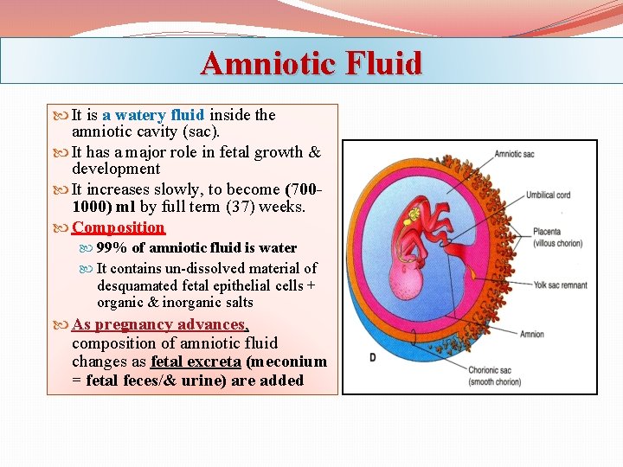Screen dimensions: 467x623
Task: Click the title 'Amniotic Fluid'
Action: coord(311,63)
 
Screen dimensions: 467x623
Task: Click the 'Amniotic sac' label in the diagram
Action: coord(514,154)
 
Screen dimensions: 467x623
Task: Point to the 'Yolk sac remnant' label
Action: coord(560,285)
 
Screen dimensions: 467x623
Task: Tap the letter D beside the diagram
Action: coord(372,357)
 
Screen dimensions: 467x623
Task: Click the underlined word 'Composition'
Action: coord(118,227)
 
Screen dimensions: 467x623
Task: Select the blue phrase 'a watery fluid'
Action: coord(153,114)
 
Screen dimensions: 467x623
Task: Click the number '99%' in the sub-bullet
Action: coord(112,248)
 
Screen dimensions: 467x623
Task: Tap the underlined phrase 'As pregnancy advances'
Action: coord(159,324)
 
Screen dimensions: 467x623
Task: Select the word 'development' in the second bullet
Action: coord(116,170)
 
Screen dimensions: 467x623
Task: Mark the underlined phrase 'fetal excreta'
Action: coord(196,361)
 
